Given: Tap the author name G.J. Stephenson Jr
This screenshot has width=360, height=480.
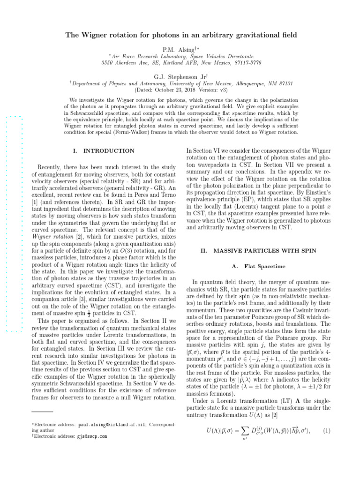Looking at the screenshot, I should pos(178,76).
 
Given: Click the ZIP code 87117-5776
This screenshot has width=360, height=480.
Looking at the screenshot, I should pos(246,62).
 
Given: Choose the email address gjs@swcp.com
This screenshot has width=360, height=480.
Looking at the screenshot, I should pos(92,436).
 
